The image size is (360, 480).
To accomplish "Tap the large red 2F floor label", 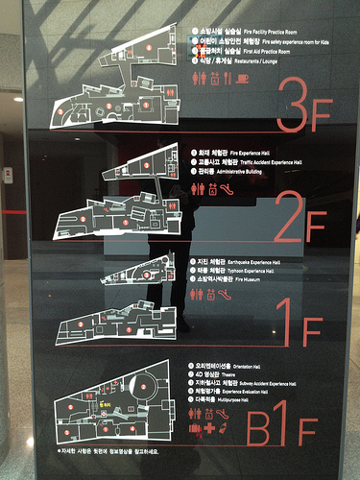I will (300, 222).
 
